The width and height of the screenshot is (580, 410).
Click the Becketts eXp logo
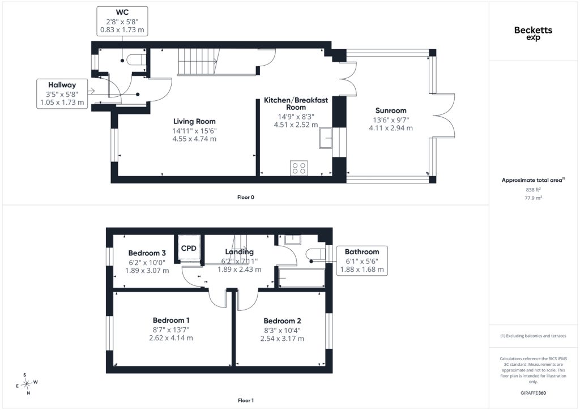[533, 33]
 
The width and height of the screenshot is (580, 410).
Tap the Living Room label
[194, 121]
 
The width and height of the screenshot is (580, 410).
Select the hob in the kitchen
[299, 168]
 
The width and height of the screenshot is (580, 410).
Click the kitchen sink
[326, 138]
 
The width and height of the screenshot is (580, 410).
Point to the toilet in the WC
[136, 60]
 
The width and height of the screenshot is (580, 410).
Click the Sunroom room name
[391, 110]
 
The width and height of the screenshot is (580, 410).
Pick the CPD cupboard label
[189, 248]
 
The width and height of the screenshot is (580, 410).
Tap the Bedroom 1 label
[171, 320]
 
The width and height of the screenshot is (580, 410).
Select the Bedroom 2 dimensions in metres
[282, 339]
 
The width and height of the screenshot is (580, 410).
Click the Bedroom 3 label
[147, 253]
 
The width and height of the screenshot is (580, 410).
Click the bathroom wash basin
[293, 240]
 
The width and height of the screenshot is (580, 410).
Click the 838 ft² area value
[533, 190]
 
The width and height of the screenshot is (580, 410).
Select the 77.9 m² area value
[533, 198]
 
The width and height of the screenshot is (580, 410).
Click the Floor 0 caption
[246, 198]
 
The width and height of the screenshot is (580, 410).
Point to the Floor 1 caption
[246, 400]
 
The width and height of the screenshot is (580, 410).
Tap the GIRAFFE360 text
[533, 393]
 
